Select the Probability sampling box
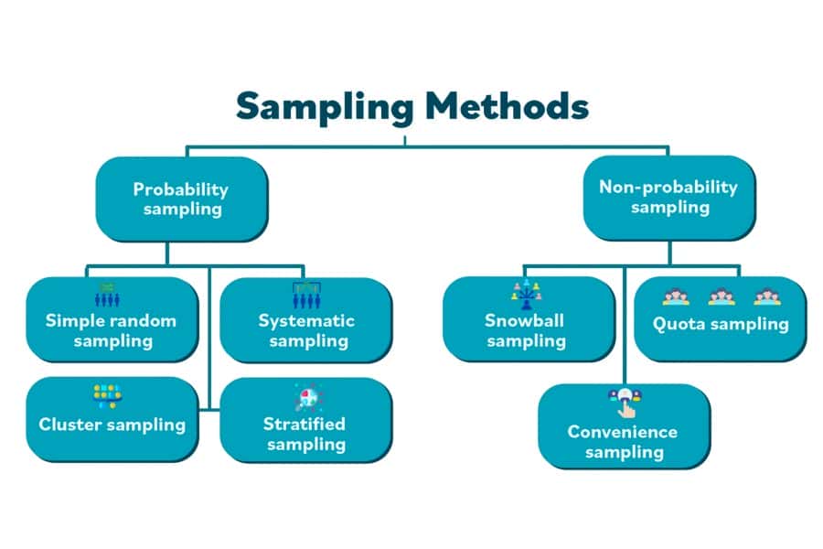tap(181, 199)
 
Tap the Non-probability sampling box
tap(668, 197)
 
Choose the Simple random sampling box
tap(111, 320)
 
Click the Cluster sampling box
tap(112, 419)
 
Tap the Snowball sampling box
tap(526, 320)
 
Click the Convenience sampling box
tap(623, 426)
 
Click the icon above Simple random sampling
tap(107, 295)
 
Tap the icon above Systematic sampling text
tap(305, 294)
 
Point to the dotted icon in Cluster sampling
tap(106, 395)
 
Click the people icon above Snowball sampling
tap(526, 293)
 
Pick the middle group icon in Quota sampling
tap(721, 296)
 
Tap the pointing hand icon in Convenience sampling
tap(625, 400)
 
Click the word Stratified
tap(305, 424)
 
